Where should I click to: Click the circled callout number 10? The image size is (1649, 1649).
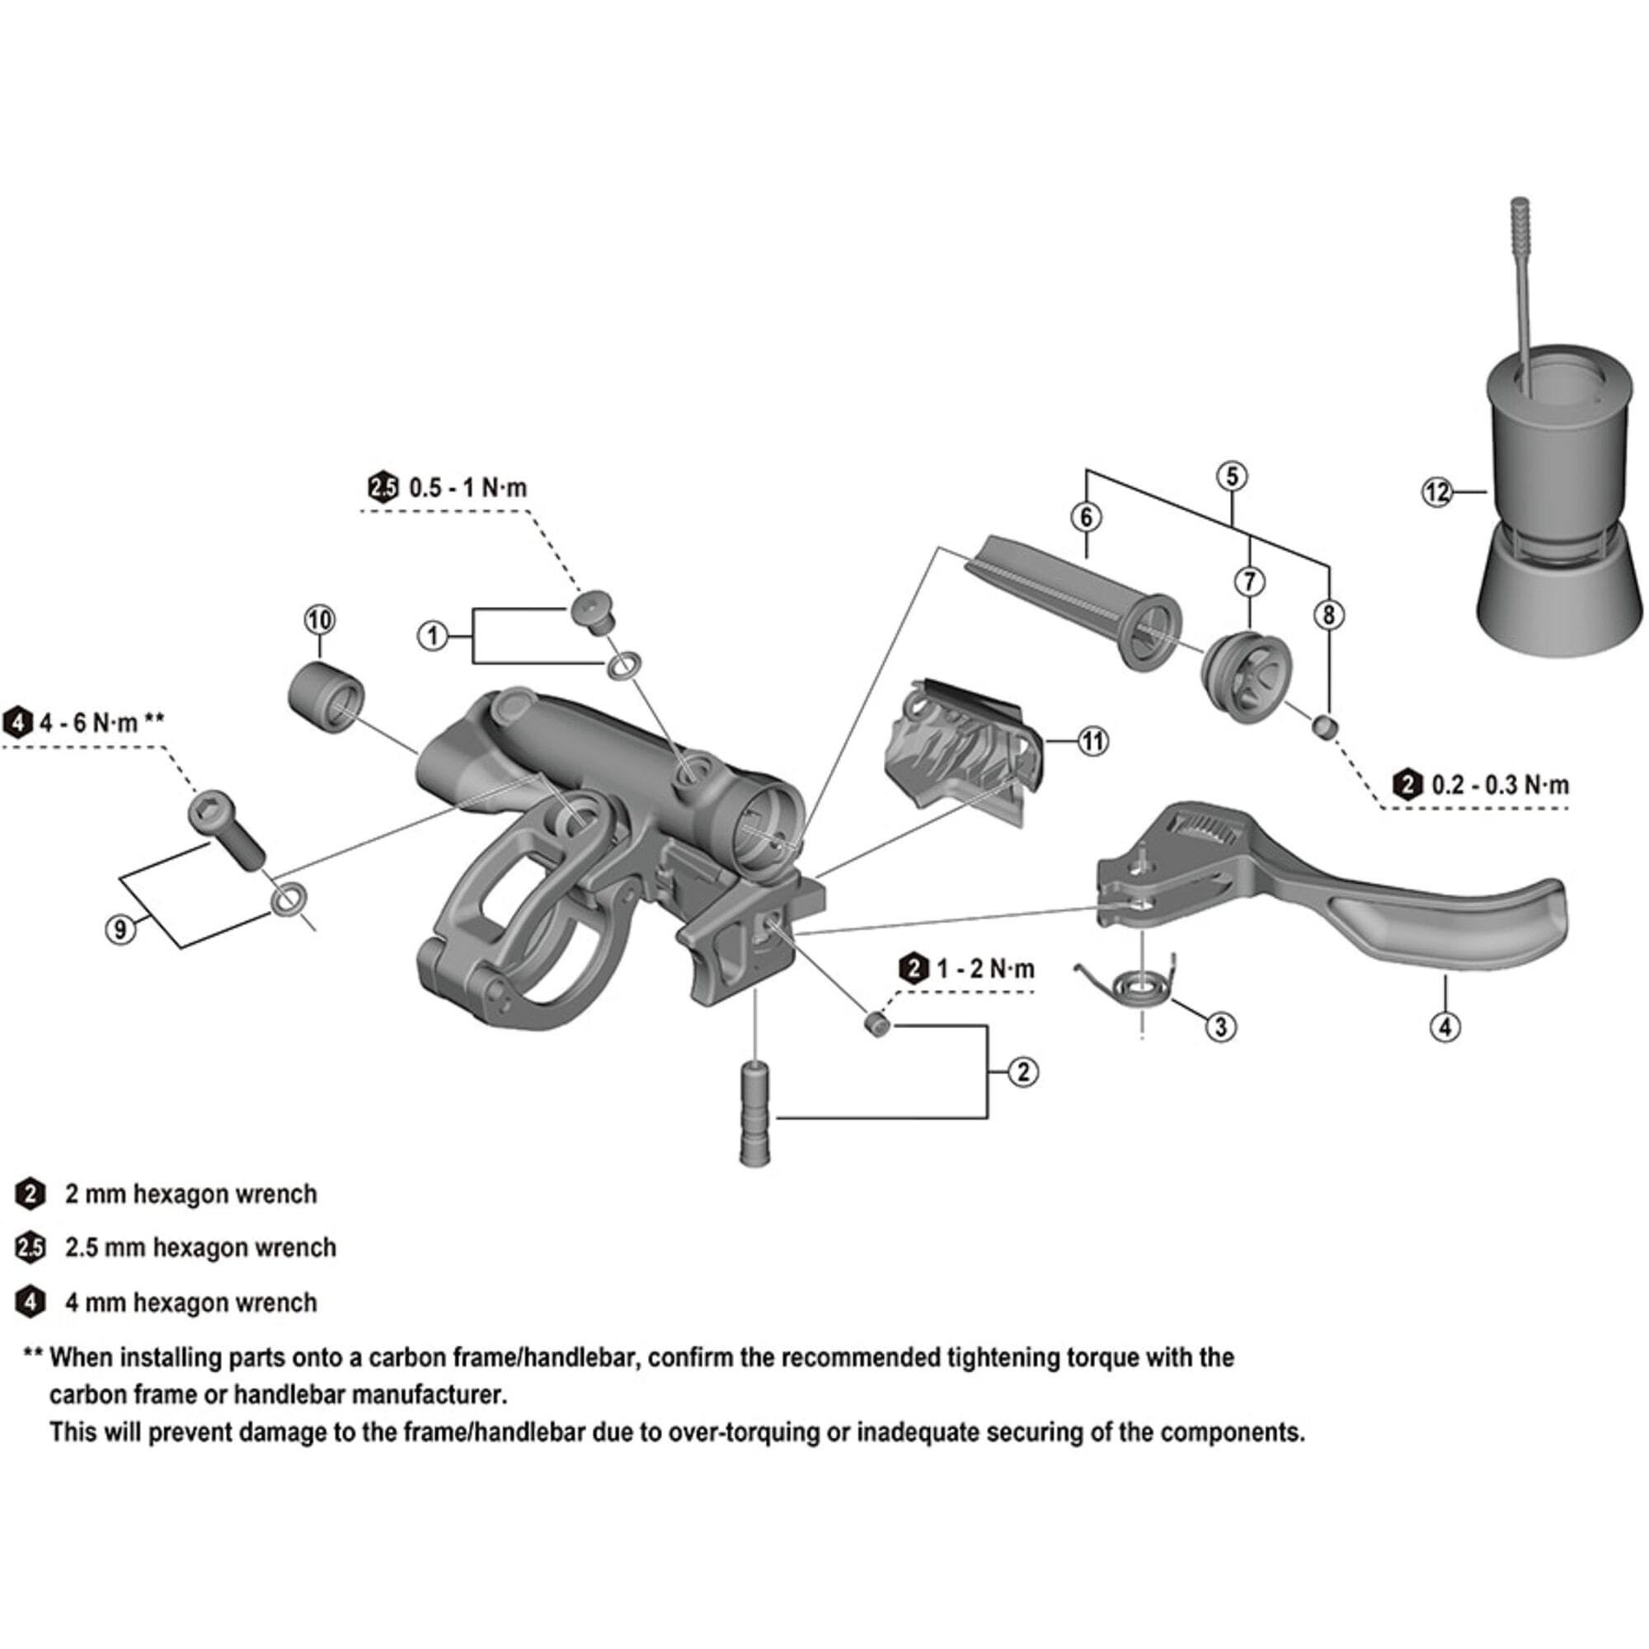point(319,620)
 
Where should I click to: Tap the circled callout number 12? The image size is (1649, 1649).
point(1437,492)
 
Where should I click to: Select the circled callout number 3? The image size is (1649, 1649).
point(1220,1027)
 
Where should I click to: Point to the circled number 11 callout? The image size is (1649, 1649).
point(1092,741)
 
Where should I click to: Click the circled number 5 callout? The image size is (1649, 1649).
point(1232,477)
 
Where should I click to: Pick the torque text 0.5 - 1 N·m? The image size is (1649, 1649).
point(467,488)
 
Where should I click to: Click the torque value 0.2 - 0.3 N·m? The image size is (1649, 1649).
point(1500,784)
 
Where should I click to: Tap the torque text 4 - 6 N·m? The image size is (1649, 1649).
point(89,723)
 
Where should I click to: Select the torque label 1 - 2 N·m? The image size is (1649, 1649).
point(985,969)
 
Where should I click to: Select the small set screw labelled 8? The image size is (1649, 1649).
point(1325,726)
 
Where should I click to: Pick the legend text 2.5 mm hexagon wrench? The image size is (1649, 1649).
point(200,1247)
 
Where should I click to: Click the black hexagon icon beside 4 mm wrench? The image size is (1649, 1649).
point(31,1303)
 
